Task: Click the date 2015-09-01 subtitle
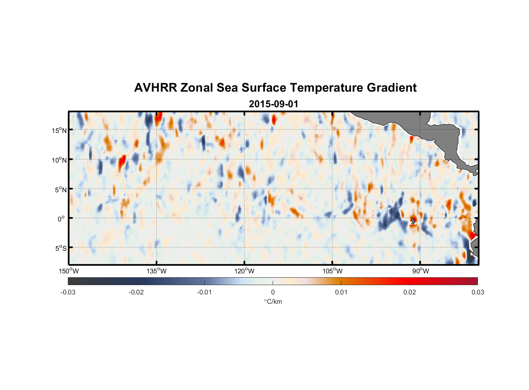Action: click(x=273, y=104)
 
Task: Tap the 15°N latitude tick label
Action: click(x=59, y=130)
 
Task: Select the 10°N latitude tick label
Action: click(x=59, y=160)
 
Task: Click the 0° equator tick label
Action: click(x=61, y=219)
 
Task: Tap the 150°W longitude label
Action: click(x=69, y=271)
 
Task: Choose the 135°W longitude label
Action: click(x=156, y=271)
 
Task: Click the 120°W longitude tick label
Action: click(x=244, y=271)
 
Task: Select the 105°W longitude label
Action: click(x=332, y=271)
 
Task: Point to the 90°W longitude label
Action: click(x=420, y=271)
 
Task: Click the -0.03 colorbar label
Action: click(x=68, y=292)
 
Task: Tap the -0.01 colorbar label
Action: click(x=204, y=292)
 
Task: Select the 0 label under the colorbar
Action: click(x=273, y=292)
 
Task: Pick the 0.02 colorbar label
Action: click(x=410, y=292)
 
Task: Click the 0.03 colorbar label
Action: click(x=478, y=292)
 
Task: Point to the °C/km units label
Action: click(x=273, y=301)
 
